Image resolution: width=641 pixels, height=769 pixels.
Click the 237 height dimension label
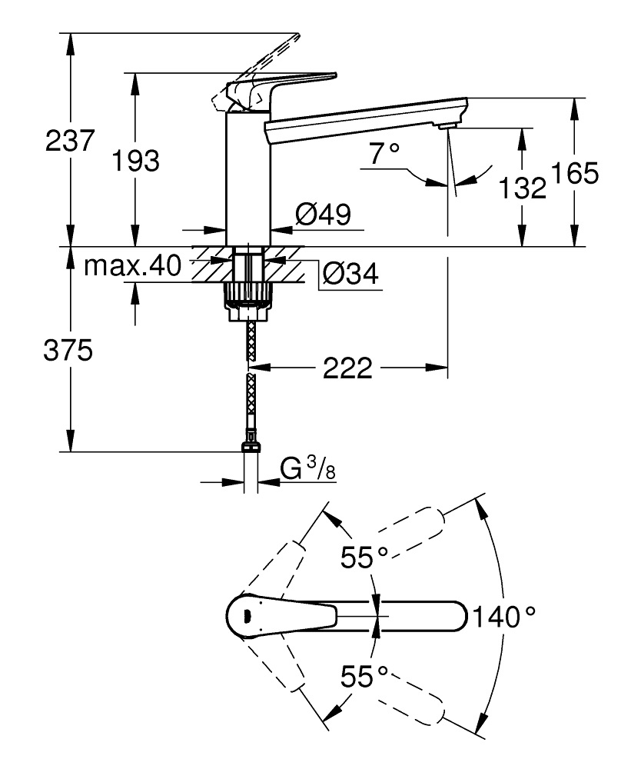pos(70,141)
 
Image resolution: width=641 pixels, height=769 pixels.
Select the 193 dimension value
pos(135,161)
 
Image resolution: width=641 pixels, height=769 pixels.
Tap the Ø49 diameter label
pos(323,215)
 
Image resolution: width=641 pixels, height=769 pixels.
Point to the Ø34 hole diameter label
pos(350,275)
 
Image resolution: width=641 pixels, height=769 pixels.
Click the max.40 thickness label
pos(132,266)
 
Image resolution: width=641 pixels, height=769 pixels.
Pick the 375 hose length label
pos(69,351)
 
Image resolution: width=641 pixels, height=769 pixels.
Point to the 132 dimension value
pos(522,188)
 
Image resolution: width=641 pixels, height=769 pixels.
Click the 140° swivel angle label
pos(503,617)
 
